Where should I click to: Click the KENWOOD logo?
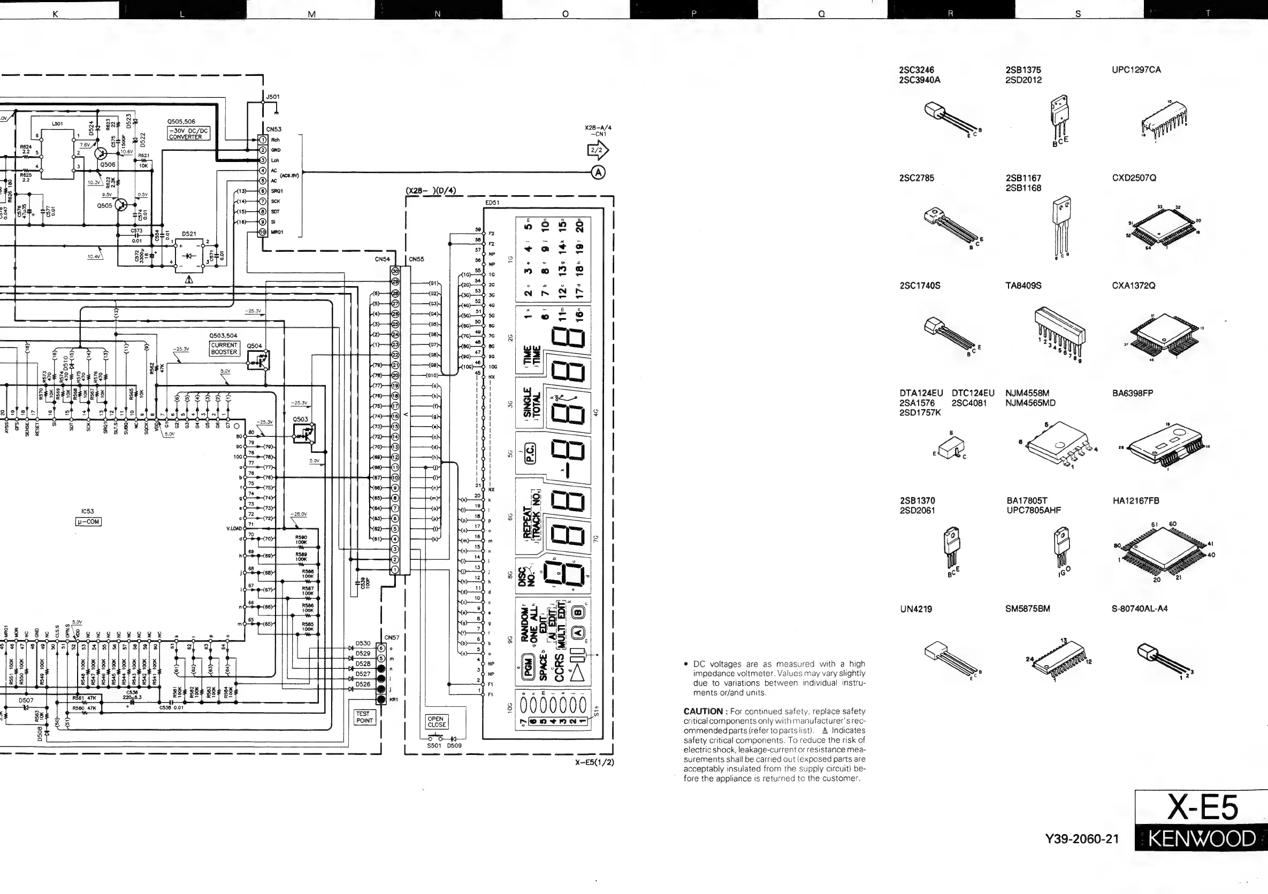1202,839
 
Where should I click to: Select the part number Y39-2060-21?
1082,839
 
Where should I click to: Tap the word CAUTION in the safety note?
703,711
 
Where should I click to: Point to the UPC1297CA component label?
1136,70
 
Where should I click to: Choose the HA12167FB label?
1136,501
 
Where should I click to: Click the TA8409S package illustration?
1060,332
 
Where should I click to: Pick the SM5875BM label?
1028,608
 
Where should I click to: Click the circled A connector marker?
598,173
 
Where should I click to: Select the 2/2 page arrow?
598,150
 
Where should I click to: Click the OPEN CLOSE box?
436,722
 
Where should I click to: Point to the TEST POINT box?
364,717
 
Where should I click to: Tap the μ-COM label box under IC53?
88,521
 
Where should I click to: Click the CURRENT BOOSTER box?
224,349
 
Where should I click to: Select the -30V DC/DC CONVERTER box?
188,134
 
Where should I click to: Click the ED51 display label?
492,203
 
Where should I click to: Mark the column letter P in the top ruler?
693,14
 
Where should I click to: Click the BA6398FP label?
1133,394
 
